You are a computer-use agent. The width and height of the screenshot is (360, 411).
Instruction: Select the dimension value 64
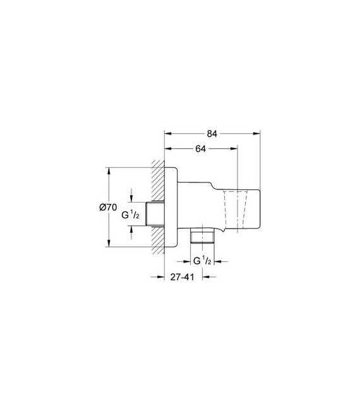pyautogui.click(x=200, y=150)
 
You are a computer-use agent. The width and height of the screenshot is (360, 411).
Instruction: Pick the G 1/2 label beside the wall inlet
pyautogui.click(x=131, y=215)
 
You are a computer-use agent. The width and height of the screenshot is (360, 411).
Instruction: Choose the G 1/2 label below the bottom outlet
pyautogui.click(x=201, y=261)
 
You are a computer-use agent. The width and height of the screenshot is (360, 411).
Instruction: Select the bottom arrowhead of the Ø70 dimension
pyautogui.click(x=110, y=245)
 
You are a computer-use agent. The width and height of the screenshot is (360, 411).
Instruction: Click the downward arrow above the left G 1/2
pyautogui.click(x=131, y=198)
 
